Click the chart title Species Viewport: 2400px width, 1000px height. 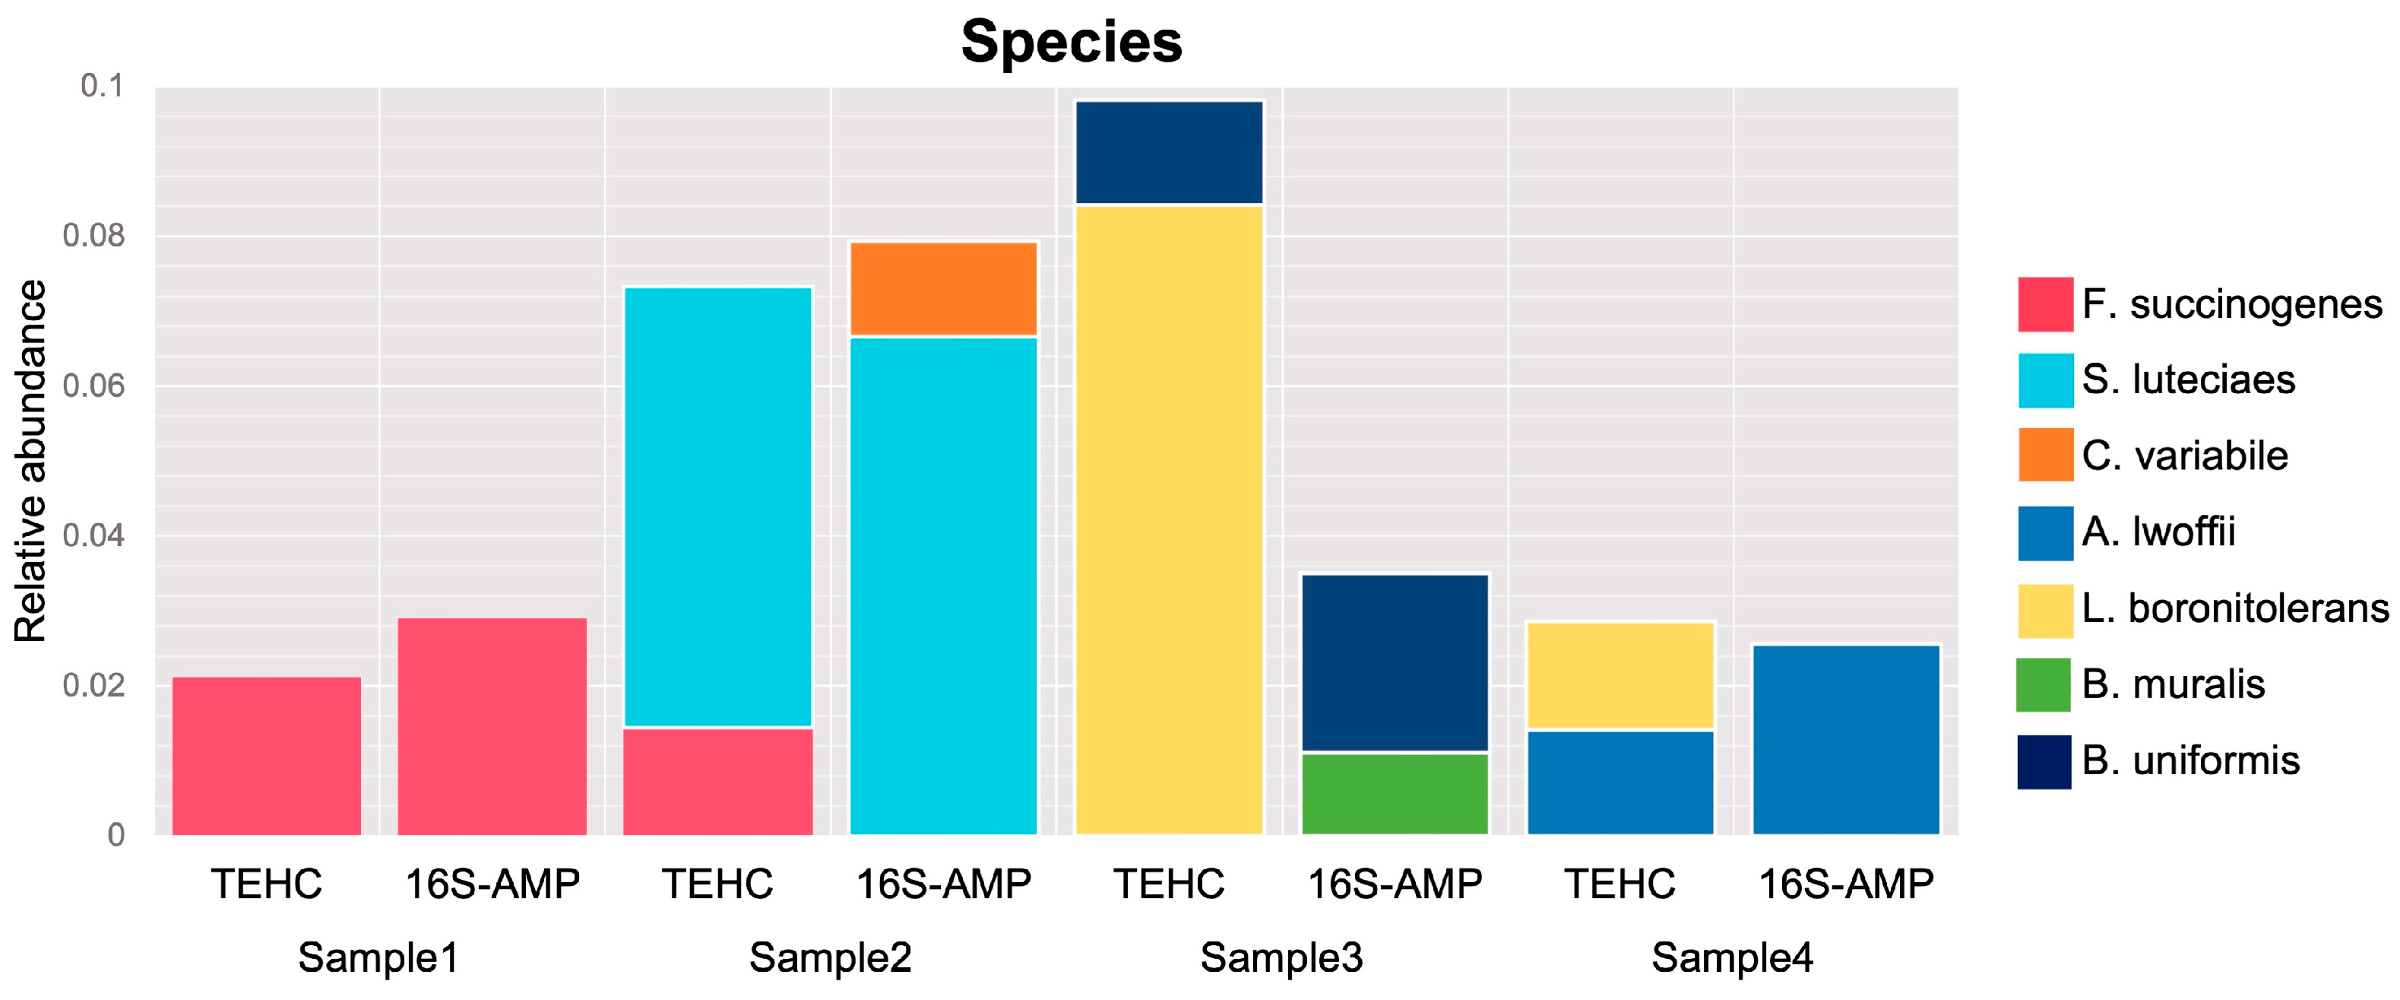coord(1072,42)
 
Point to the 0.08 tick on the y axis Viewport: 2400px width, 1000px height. coord(93,236)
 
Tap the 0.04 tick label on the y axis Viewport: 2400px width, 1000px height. coord(93,536)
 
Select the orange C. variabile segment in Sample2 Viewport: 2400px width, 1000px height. coord(943,289)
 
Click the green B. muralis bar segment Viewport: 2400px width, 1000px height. coord(1394,793)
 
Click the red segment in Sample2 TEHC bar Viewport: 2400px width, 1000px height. coord(717,781)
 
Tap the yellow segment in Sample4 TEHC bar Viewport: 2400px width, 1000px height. coord(1620,675)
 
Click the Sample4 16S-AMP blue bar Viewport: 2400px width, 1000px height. coord(1846,739)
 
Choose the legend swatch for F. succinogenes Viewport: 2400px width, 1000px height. coord(2045,304)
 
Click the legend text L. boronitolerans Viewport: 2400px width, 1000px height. coord(2234,608)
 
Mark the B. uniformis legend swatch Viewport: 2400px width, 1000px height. coord(2044,761)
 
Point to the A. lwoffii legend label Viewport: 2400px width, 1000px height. coord(2158,532)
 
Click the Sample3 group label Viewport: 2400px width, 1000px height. coord(1281,957)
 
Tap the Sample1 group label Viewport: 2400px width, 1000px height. coord(378,957)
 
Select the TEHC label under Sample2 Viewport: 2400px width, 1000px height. coord(717,884)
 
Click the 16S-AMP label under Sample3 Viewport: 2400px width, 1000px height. coord(1394,884)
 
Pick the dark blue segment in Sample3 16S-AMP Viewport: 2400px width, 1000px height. coord(1394,662)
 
